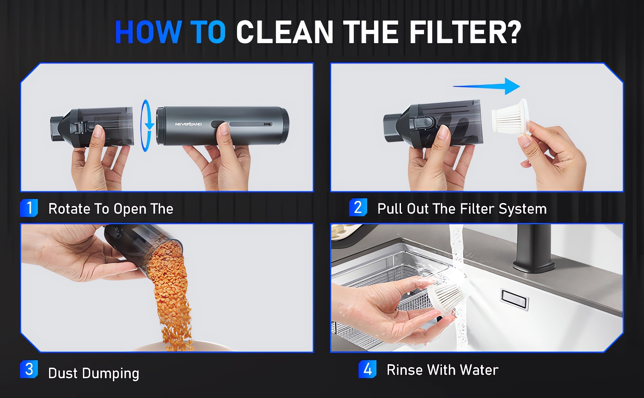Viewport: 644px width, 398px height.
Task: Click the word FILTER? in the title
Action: coord(465,32)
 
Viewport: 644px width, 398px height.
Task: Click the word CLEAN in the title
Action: coord(285,32)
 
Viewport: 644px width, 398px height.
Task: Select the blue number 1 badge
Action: coord(29,208)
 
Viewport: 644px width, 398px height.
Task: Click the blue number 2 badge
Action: coord(358,207)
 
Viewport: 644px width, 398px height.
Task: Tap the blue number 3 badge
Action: coord(29,369)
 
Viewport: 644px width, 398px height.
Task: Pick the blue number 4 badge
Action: coord(367,369)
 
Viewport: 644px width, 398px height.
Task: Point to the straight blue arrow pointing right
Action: coord(487,86)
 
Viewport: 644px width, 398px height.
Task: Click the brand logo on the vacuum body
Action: coord(188,124)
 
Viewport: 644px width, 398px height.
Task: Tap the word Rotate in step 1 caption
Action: coord(69,209)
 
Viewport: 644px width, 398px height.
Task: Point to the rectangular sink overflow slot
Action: coord(514,299)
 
